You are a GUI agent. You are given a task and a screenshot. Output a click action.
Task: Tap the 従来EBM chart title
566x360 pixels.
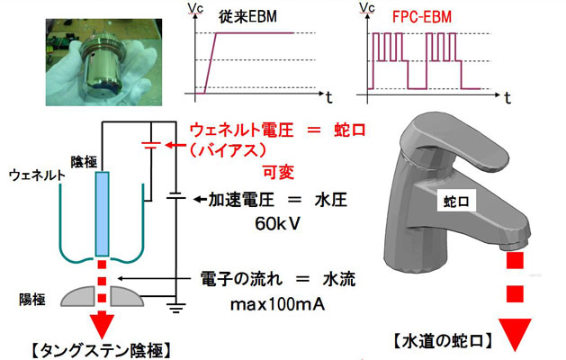pyautogui.click(x=247, y=15)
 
